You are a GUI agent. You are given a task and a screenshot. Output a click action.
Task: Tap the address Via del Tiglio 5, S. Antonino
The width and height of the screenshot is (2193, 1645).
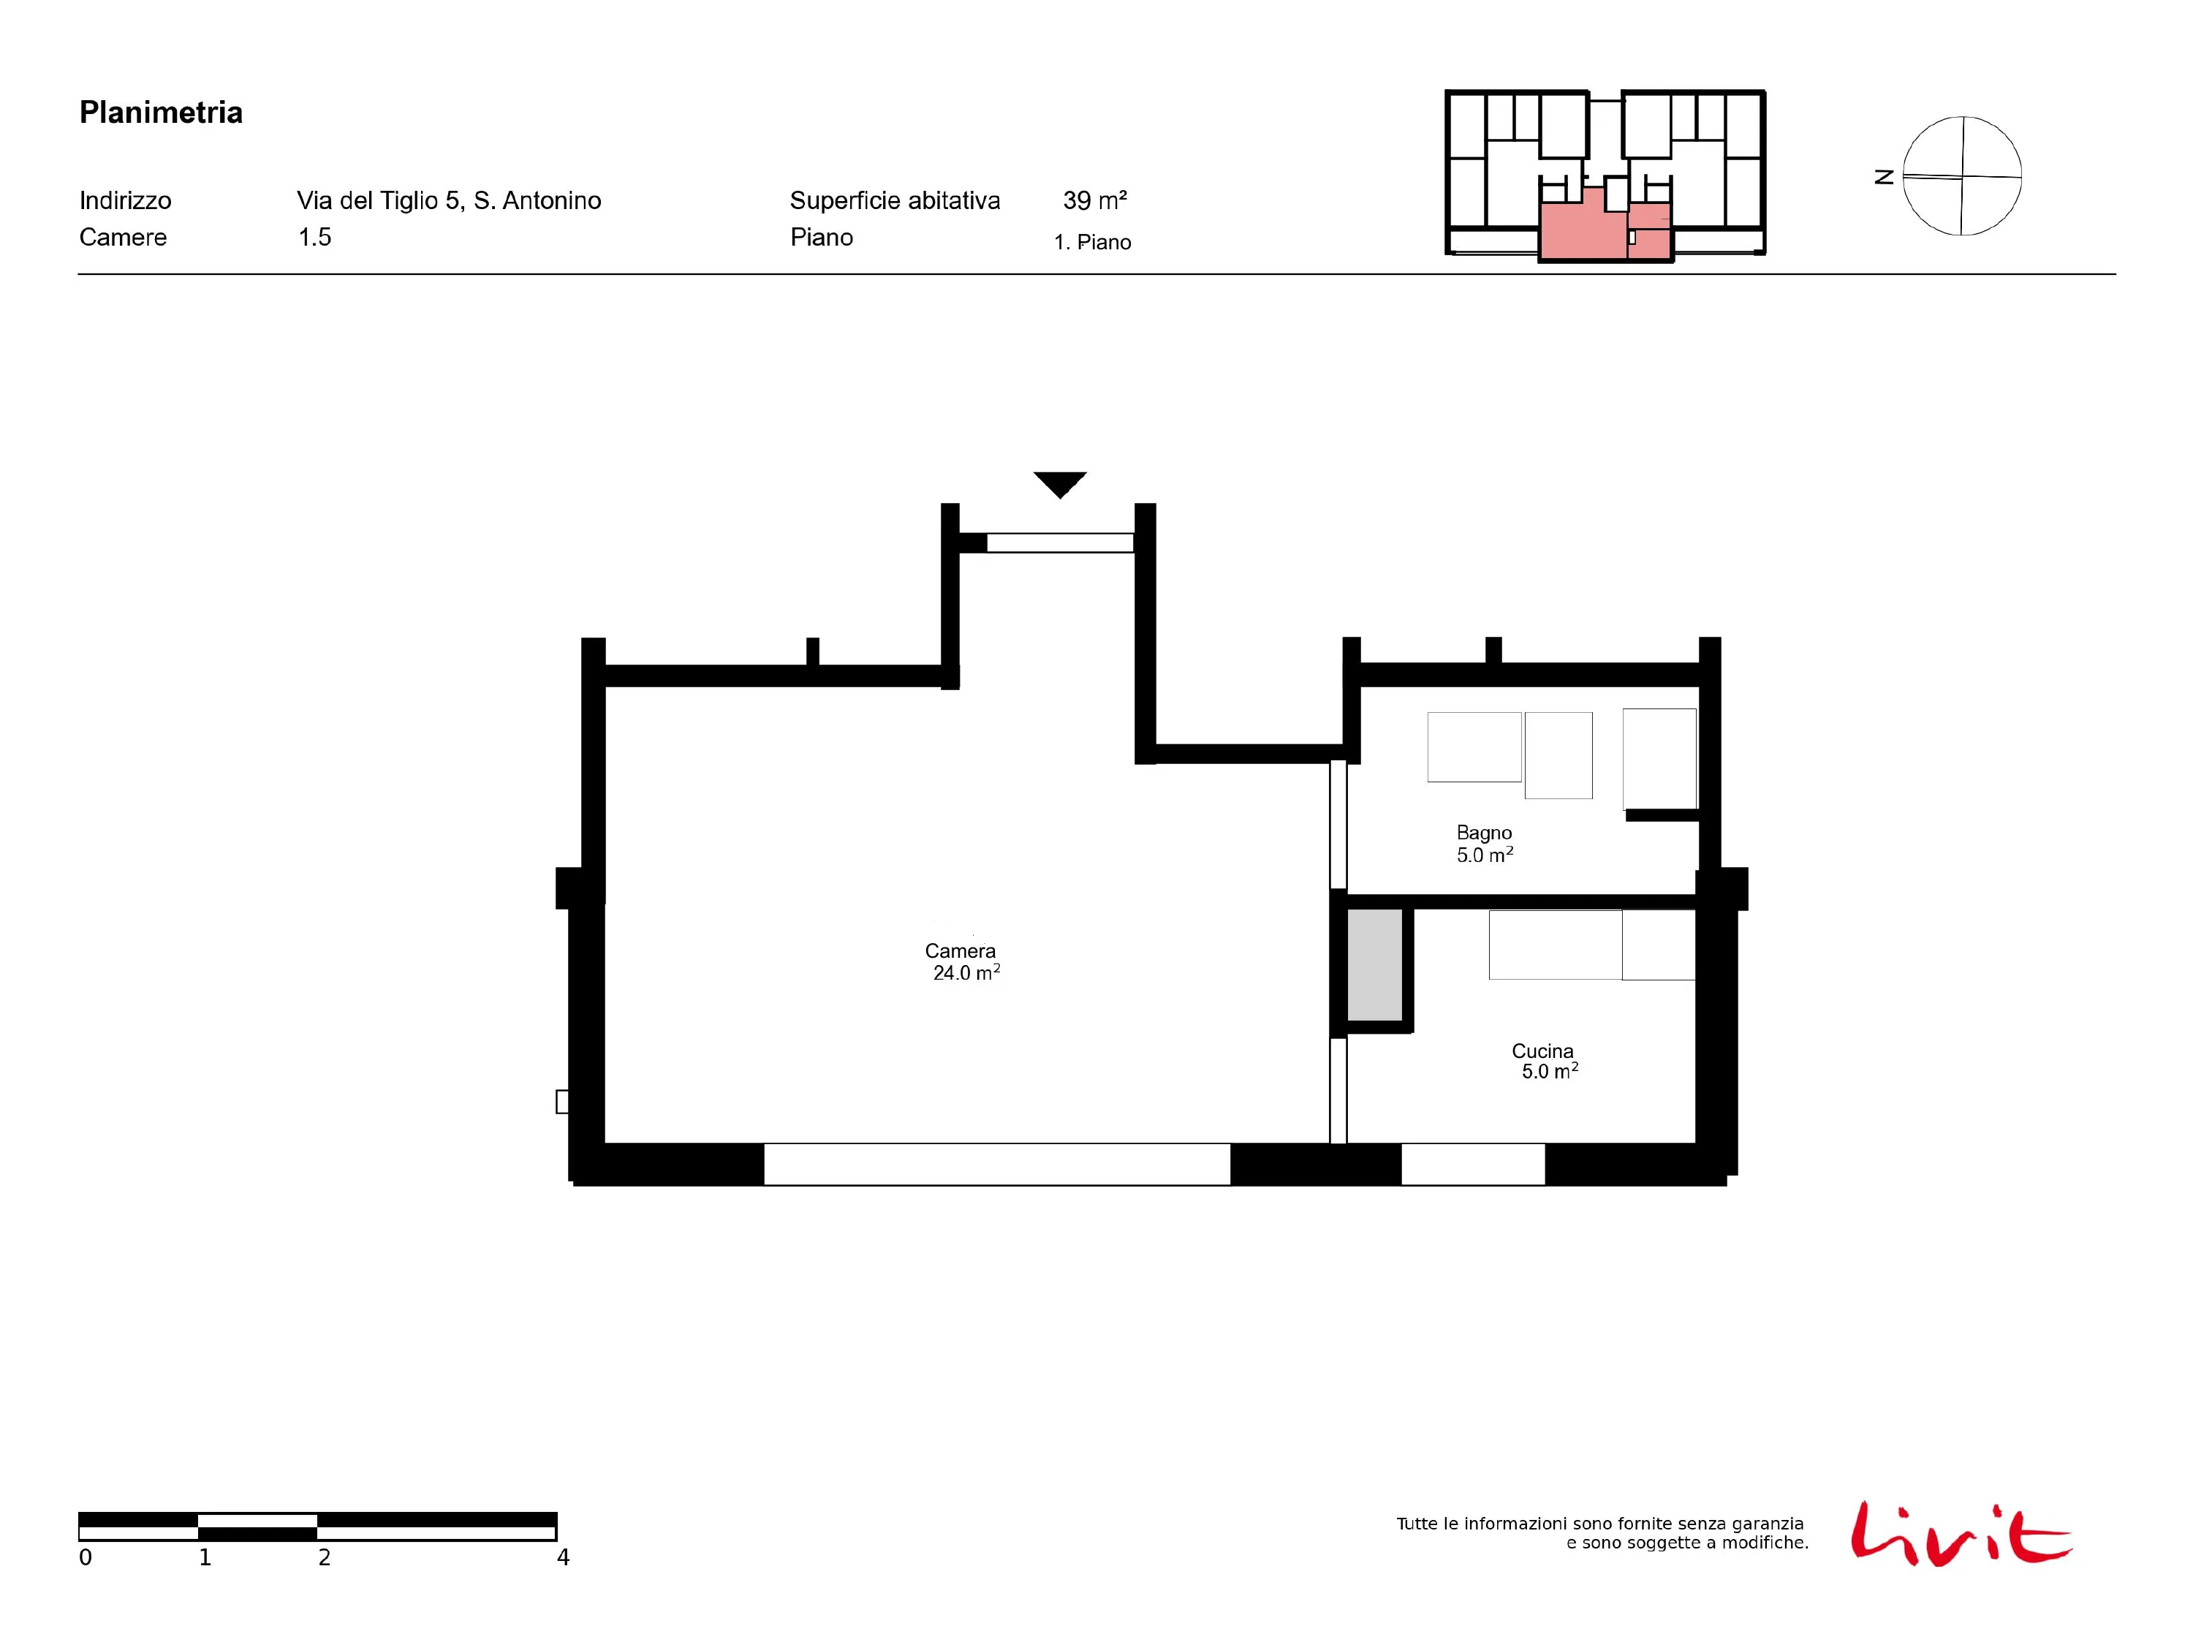click(449, 201)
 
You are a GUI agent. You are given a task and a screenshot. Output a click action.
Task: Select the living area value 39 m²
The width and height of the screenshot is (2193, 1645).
click(1094, 200)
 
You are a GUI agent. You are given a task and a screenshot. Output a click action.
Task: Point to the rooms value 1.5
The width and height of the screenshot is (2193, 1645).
click(315, 237)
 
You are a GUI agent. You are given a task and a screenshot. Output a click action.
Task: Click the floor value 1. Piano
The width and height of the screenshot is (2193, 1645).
click(1093, 242)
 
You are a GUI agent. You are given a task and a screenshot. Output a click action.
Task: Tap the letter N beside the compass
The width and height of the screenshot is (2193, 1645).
click(1885, 176)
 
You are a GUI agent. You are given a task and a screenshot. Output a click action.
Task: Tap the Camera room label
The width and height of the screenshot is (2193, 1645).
click(960, 951)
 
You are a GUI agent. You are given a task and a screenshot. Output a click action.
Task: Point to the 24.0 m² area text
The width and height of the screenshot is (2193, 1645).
click(966, 972)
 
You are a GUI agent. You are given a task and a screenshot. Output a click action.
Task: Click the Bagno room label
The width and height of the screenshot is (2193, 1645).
click(1484, 833)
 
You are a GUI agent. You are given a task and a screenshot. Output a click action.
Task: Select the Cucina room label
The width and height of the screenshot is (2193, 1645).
click(1542, 1051)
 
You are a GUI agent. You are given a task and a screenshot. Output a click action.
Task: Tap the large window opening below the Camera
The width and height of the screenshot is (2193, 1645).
click(996, 1164)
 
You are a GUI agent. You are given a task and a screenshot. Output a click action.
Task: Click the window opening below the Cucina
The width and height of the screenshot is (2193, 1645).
click(1473, 1164)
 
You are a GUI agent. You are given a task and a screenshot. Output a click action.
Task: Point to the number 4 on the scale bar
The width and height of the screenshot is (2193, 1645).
click(563, 1558)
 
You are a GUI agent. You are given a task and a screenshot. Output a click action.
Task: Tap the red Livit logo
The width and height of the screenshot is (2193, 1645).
click(1961, 1534)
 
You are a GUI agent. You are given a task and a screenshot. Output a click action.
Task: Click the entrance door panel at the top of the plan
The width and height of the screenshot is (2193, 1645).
click(1060, 542)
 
